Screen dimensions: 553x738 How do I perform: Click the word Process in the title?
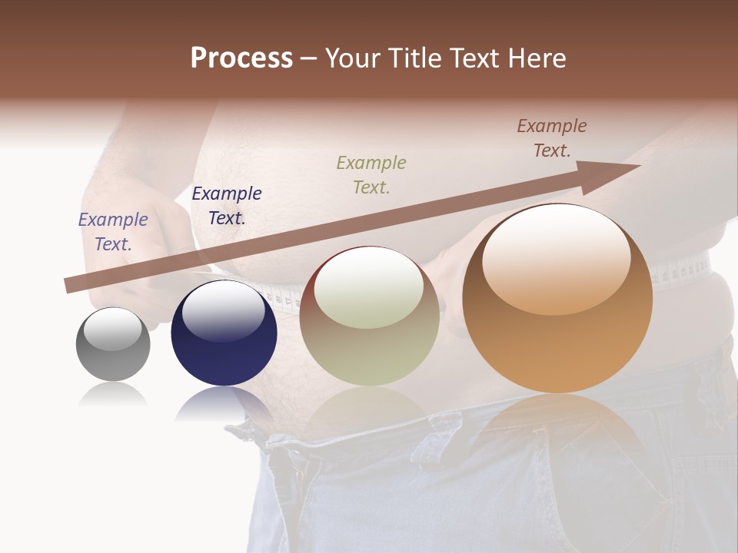tap(241, 58)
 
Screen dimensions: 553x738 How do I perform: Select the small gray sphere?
tap(113, 345)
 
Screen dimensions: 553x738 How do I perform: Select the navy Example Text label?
tap(226, 206)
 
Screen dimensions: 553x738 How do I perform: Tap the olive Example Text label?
tap(371, 175)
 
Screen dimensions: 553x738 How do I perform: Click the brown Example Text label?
tap(551, 138)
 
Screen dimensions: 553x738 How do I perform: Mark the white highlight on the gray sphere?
tap(113, 329)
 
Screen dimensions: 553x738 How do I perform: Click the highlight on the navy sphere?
tap(223, 311)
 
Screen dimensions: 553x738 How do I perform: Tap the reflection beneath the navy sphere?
tap(223, 403)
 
